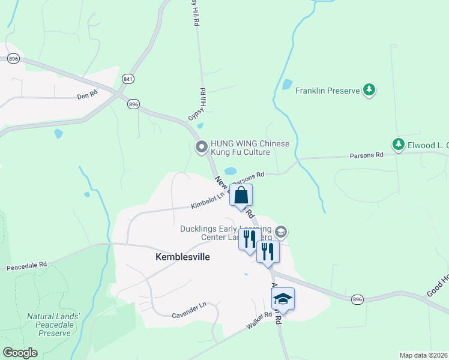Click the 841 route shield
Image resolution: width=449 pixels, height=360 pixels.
pyautogui.click(x=127, y=79)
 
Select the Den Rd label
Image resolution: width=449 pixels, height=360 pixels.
pyautogui.click(x=87, y=95)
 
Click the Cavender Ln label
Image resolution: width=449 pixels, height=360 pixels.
pyautogui.click(x=188, y=310)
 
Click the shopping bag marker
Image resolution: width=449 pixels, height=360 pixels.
pyautogui.click(x=241, y=196)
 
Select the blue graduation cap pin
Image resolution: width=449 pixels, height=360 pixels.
pyautogui.click(x=283, y=299)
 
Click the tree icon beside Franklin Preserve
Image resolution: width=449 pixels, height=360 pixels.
pyautogui.click(x=370, y=91)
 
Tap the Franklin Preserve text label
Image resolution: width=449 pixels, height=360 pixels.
pyautogui.click(x=327, y=91)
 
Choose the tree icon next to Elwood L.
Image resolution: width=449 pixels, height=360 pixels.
pyautogui.click(x=398, y=144)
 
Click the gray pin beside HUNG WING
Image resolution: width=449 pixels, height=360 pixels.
pyautogui.click(x=202, y=146)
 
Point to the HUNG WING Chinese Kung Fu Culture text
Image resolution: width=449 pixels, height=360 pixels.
pyautogui.click(x=250, y=148)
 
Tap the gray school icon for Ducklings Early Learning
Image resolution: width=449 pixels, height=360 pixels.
pyautogui.click(x=281, y=232)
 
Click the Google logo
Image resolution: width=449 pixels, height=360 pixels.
pyautogui.click(x=20, y=352)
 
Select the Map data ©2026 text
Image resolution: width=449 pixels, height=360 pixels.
pyautogui.click(x=423, y=355)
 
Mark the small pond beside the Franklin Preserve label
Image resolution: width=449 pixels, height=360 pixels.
pyautogui.click(x=287, y=85)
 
